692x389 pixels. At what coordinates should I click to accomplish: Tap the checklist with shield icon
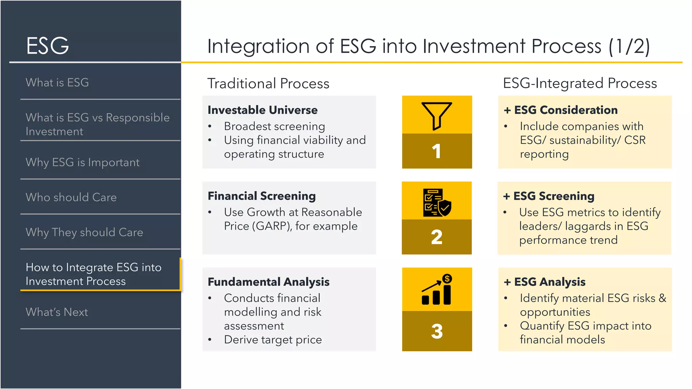tap(437, 202)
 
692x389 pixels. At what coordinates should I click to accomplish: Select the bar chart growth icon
tap(437, 290)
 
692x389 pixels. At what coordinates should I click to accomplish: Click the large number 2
tap(437, 237)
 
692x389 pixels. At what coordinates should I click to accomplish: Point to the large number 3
tap(437, 331)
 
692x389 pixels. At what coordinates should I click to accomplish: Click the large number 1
tap(437, 151)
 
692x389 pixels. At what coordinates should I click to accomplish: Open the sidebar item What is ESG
tap(57, 82)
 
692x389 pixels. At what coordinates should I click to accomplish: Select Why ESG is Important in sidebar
tap(82, 162)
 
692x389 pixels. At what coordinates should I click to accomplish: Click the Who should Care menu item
tap(71, 197)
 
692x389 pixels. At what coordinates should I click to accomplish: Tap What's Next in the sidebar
tap(57, 312)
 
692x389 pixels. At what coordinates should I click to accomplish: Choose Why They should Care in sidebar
tap(84, 232)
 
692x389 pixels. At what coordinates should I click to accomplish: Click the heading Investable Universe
tap(263, 110)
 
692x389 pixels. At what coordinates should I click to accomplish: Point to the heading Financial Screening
tap(262, 196)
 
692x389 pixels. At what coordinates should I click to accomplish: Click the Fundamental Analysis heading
tap(269, 282)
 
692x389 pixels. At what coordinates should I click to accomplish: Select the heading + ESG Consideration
tap(561, 110)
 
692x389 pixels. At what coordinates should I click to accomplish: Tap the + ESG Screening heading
tap(549, 196)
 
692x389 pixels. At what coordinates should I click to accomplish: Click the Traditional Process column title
tap(268, 83)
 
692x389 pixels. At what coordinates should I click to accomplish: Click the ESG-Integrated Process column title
tap(580, 83)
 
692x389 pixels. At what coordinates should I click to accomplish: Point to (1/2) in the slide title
tap(629, 46)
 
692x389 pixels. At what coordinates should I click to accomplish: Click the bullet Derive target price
tap(273, 340)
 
